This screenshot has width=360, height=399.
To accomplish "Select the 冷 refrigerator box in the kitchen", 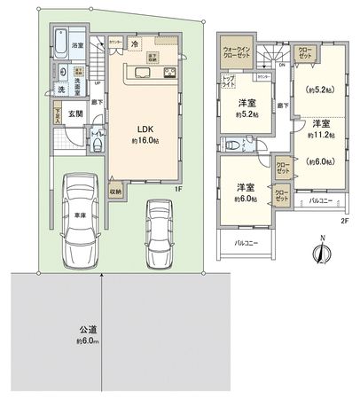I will point(134,44).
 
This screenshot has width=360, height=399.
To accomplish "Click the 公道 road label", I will point(86,330).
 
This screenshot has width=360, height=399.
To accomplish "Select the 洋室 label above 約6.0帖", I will point(247,188).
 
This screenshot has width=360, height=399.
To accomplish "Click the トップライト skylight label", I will point(228,80).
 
